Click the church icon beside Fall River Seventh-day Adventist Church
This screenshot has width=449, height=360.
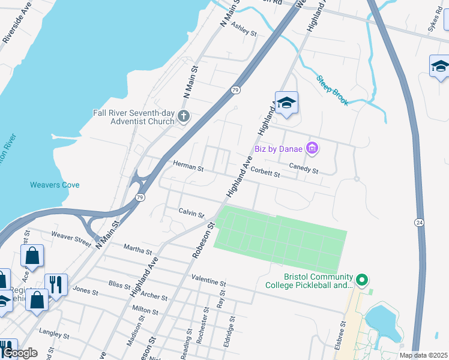[x=184, y=116]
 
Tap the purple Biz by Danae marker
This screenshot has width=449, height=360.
[x=312, y=148]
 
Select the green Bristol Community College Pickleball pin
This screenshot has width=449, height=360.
[x=361, y=280]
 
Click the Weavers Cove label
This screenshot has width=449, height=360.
[x=55, y=185]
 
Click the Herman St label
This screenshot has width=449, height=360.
[x=188, y=166]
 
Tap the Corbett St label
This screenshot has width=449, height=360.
[x=265, y=172]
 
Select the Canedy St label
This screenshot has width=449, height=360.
[x=303, y=170]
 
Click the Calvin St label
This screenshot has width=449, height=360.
[x=191, y=212]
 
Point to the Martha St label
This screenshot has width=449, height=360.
[x=138, y=249]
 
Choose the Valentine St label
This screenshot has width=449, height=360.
[x=208, y=280]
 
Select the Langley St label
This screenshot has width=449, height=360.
[x=50, y=331]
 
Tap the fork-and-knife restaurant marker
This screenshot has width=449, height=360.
[x=56, y=284]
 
